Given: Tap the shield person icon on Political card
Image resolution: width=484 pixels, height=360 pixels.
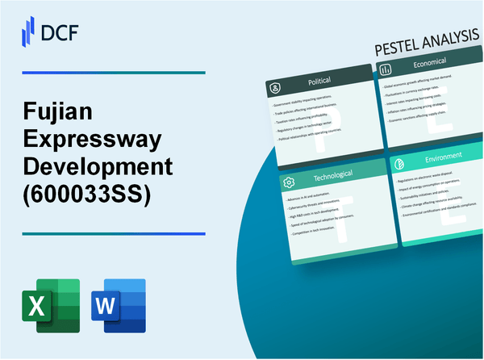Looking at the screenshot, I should click(x=274, y=86).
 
